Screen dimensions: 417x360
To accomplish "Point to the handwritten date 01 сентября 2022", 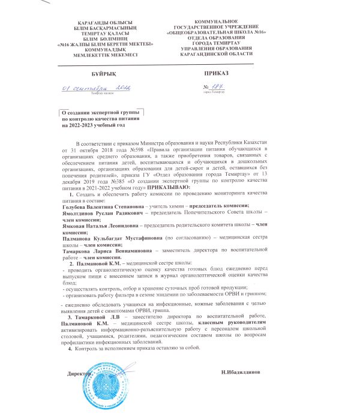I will pyautogui.click(x=98, y=88).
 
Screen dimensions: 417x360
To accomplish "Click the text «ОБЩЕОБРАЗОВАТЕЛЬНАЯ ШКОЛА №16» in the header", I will pyautogui.click(x=218, y=34).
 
